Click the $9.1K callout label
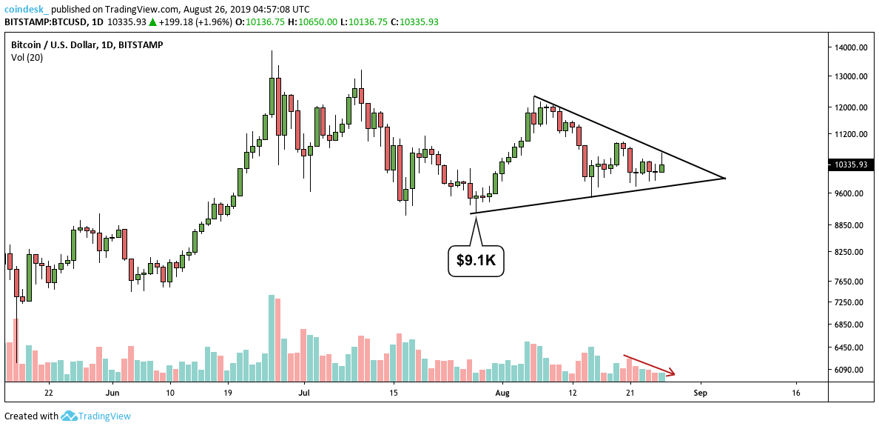476,261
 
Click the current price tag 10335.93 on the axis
849,164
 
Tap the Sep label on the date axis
700,393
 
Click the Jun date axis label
112,393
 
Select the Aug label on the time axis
503,393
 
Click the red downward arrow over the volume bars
649,365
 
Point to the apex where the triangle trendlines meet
724,178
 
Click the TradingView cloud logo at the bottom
70,416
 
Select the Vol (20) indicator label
27,58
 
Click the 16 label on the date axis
796,393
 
